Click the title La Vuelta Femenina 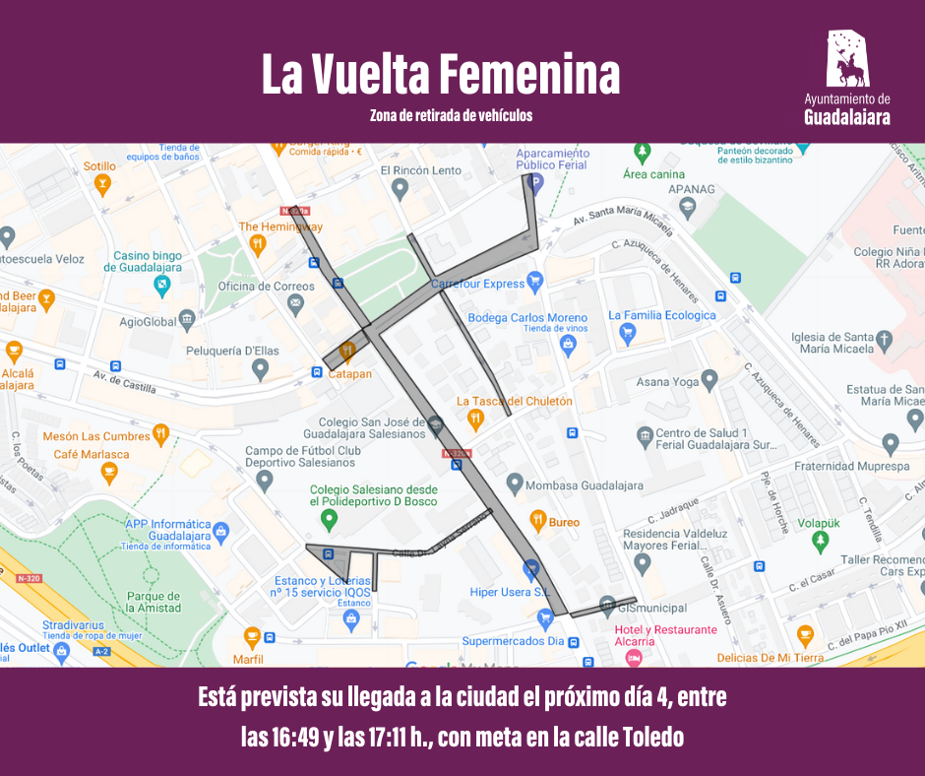tap(441, 76)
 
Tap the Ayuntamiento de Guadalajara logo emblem tap(847, 59)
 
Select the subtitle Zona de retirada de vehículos tap(451, 115)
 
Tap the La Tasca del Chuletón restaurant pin tap(476, 419)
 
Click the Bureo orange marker tap(537, 520)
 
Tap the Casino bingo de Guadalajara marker tap(162, 286)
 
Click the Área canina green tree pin tap(643, 153)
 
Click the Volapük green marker tap(820, 541)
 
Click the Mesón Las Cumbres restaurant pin tap(161, 433)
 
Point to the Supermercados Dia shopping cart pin tap(546, 618)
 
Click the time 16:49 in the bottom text tap(298, 738)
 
